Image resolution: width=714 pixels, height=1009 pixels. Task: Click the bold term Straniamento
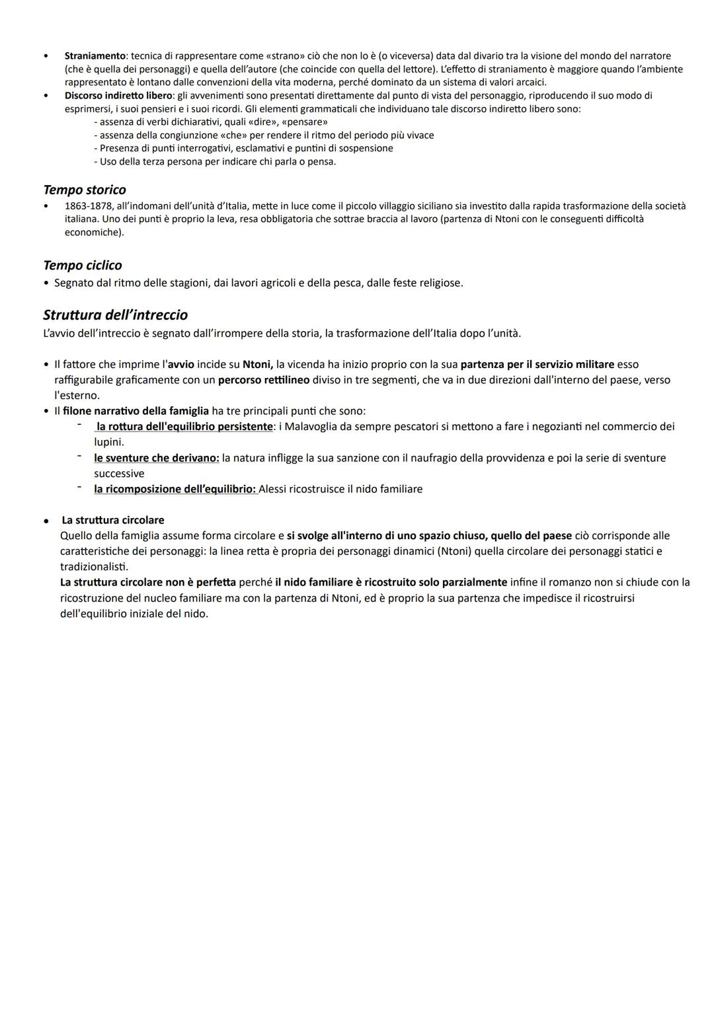pyautogui.click(x=95, y=56)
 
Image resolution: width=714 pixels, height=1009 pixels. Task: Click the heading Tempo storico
pyautogui.click(x=85, y=190)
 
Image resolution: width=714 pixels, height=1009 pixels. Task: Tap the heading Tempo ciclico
pyautogui.click(x=83, y=265)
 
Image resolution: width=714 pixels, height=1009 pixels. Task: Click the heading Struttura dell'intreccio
pyautogui.click(x=115, y=315)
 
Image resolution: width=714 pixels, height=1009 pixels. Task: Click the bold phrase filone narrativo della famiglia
pyautogui.click(x=136, y=411)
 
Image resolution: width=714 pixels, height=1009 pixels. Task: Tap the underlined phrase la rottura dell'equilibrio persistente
pyautogui.click(x=184, y=427)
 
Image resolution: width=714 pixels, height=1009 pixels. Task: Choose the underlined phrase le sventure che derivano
pyautogui.click(x=156, y=458)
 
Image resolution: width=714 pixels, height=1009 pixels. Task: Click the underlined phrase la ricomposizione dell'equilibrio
pyautogui.click(x=175, y=489)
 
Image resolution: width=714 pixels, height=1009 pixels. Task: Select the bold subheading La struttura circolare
pyautogui.click(x=112, y=520)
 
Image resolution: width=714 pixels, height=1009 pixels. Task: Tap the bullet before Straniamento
pyautogui.click(x=46, y=56)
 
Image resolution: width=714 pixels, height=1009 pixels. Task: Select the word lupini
pyautogui.click(x=108, y=442)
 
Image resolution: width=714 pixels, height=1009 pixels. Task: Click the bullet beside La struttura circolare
pyautogui.click(x=46, y=521)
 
